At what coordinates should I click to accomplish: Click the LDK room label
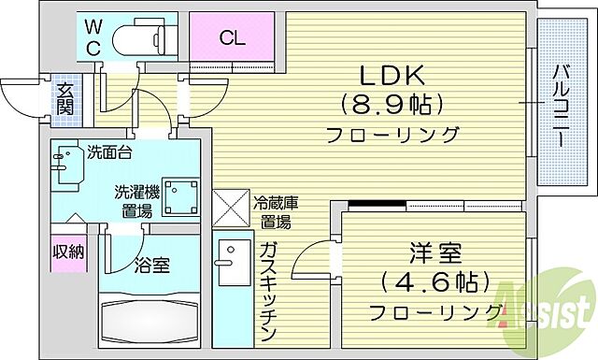391,75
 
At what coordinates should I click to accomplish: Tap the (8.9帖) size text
391,103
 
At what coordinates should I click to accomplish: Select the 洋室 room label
436,252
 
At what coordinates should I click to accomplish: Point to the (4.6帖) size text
436,281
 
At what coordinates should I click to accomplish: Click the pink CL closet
233,37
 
